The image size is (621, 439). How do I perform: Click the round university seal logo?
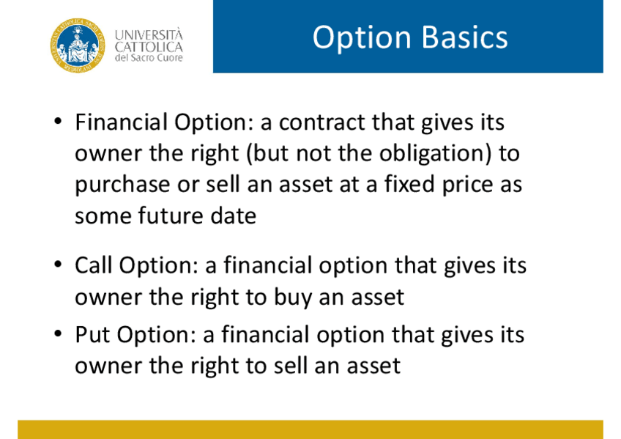tap(78, 45)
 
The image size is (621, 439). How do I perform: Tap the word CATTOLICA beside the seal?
tap(149, 47)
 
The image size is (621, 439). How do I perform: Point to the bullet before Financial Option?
tap(59, 121)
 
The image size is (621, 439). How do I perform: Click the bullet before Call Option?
tap(59, 264)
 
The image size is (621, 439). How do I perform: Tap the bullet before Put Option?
tap(59, 333)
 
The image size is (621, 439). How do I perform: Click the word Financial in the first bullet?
tap(121, 122)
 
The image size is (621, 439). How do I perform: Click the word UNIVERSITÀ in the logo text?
tap(149, 34)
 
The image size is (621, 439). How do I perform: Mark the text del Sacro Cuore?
tap(149, 58)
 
